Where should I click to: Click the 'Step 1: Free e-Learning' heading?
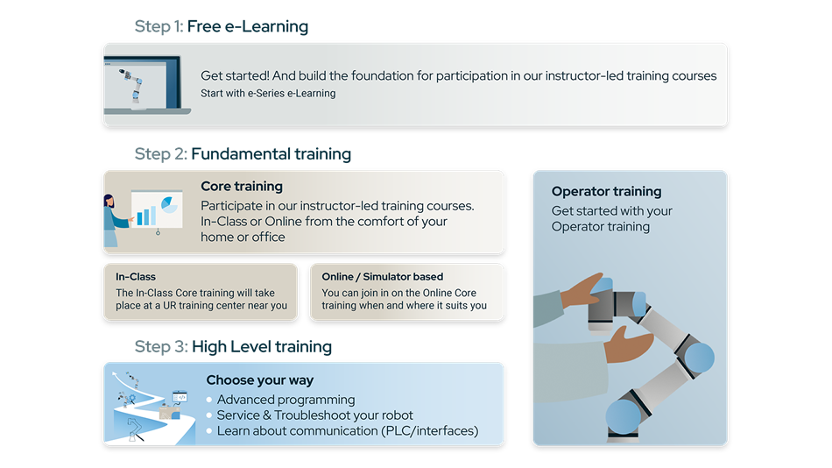222,26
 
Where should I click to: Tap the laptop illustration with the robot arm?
147,84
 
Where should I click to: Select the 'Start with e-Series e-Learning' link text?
268,94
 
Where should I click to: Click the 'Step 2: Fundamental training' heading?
243,154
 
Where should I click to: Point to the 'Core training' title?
242,187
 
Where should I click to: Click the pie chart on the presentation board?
169,204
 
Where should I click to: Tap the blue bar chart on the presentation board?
146,215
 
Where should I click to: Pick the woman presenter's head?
109,201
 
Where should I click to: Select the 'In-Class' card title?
136,277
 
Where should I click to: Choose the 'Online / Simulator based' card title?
382,277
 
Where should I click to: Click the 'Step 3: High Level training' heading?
233,347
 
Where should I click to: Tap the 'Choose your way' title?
260,380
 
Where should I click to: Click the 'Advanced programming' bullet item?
286,400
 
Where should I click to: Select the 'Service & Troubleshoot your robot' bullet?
314,415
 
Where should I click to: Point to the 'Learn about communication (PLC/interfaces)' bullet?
348,431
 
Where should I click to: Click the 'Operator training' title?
607,191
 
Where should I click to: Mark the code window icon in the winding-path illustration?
180,396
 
